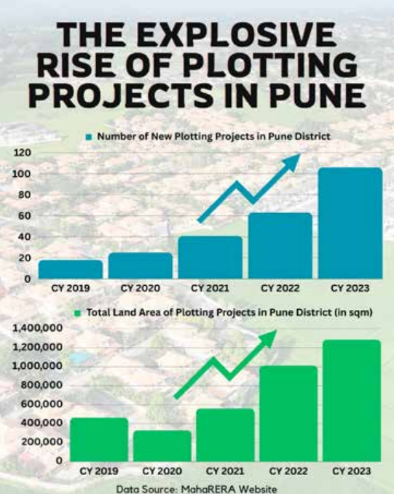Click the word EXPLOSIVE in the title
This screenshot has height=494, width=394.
(x=237, y=34)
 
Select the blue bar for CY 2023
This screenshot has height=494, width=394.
(x=350, y=223)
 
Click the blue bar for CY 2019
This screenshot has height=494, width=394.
(x=71, y=269)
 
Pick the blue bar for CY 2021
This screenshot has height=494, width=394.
(x=210, y=258)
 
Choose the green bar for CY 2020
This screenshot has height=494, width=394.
(x=162, y=446)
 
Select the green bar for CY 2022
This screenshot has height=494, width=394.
(x=288, y=414)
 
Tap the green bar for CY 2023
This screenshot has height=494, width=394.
(x=352, y=401)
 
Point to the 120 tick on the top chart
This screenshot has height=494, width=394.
(x=23, y=153)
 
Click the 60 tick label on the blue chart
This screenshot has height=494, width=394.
(x=25, y=216)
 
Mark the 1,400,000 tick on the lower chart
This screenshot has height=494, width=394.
(x=37, y=328)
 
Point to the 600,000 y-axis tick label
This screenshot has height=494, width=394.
(x=42, y=404)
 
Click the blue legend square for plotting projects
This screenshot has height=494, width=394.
(x=89, y=137)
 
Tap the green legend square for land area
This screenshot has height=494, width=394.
(x=78, y=313)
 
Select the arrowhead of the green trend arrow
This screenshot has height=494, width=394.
(x=268, y=339)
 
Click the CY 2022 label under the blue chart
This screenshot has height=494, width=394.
(x=280, y=288)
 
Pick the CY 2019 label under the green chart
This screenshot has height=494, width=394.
(x=99, y=471)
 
